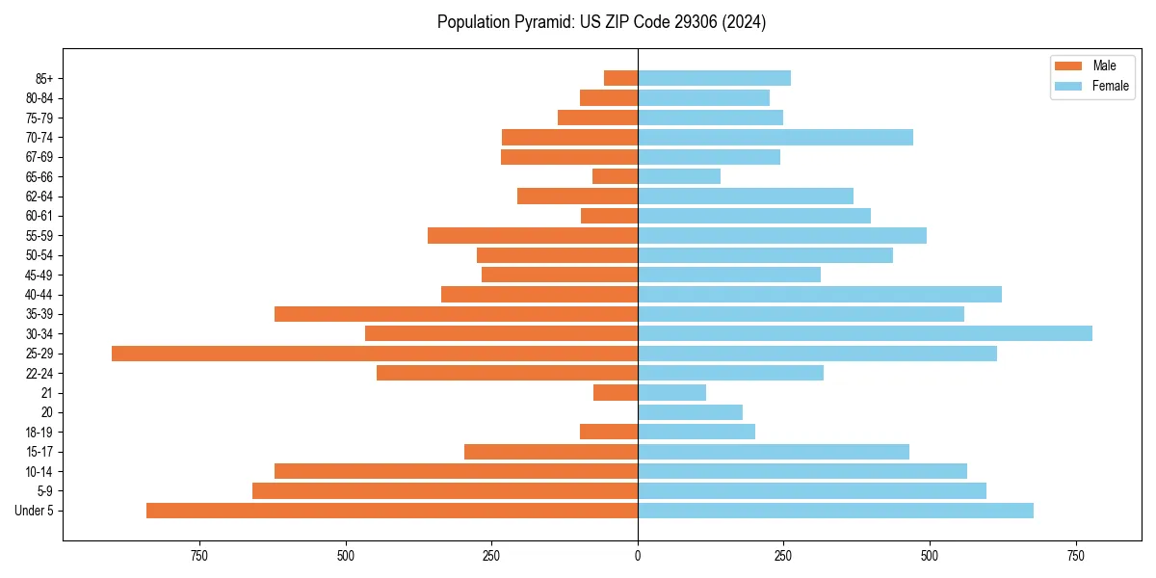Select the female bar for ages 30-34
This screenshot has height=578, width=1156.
(864, 333)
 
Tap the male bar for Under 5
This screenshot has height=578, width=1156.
(391, 511)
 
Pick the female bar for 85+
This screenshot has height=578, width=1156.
(714, 78)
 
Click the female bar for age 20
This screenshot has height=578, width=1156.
(690, 412)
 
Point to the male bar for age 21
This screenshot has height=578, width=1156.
(616, 393)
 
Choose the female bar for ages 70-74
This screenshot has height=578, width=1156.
(775, 137)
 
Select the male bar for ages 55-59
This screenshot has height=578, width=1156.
(532, 235)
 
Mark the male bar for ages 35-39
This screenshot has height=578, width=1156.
(456, 314)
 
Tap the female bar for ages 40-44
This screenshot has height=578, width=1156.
(819, 294)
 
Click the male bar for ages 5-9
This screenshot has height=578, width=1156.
(444, 491)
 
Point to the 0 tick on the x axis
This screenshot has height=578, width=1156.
(638, 556)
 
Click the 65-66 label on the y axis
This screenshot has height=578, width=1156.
(39, 176)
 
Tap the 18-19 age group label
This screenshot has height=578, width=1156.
(39, 433)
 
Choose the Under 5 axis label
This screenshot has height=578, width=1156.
(35, 511)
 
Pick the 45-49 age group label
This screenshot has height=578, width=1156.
(39, 275)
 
